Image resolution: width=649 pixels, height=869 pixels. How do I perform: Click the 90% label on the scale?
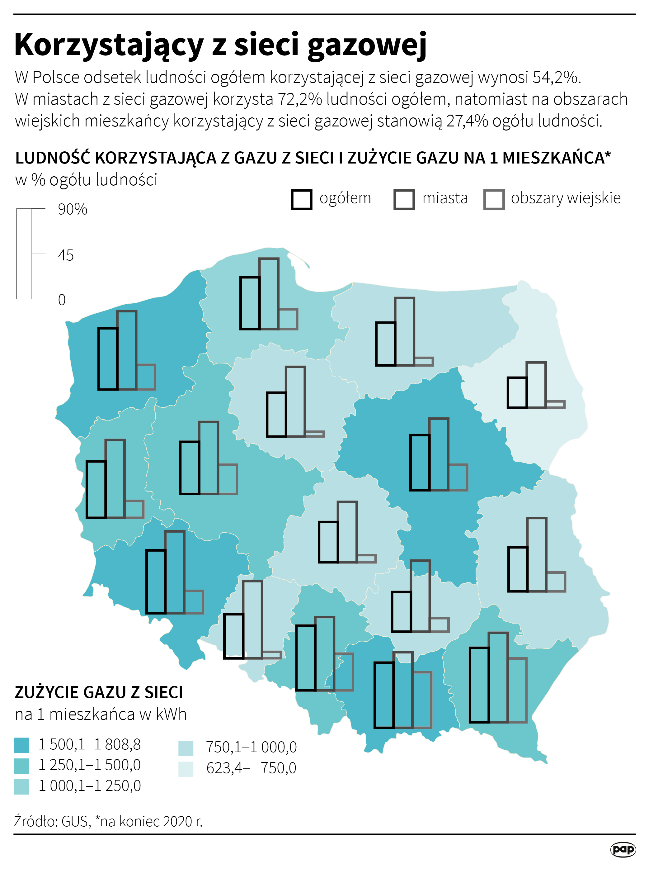[72, 209]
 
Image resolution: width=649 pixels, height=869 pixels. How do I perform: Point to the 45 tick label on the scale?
[66, 255]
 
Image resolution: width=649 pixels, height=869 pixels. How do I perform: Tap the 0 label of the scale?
[62, 300]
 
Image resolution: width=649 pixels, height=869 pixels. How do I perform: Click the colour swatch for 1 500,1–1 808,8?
[21, 745]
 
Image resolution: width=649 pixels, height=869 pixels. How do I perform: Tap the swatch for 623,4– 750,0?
[186, 769]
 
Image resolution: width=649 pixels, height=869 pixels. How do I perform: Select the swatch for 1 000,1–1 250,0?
[21, 787]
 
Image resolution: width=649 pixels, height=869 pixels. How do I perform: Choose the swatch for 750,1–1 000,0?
[186, 748]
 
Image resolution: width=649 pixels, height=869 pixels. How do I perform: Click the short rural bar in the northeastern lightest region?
[555, 404]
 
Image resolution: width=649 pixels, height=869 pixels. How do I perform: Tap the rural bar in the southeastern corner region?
[517, 690]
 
